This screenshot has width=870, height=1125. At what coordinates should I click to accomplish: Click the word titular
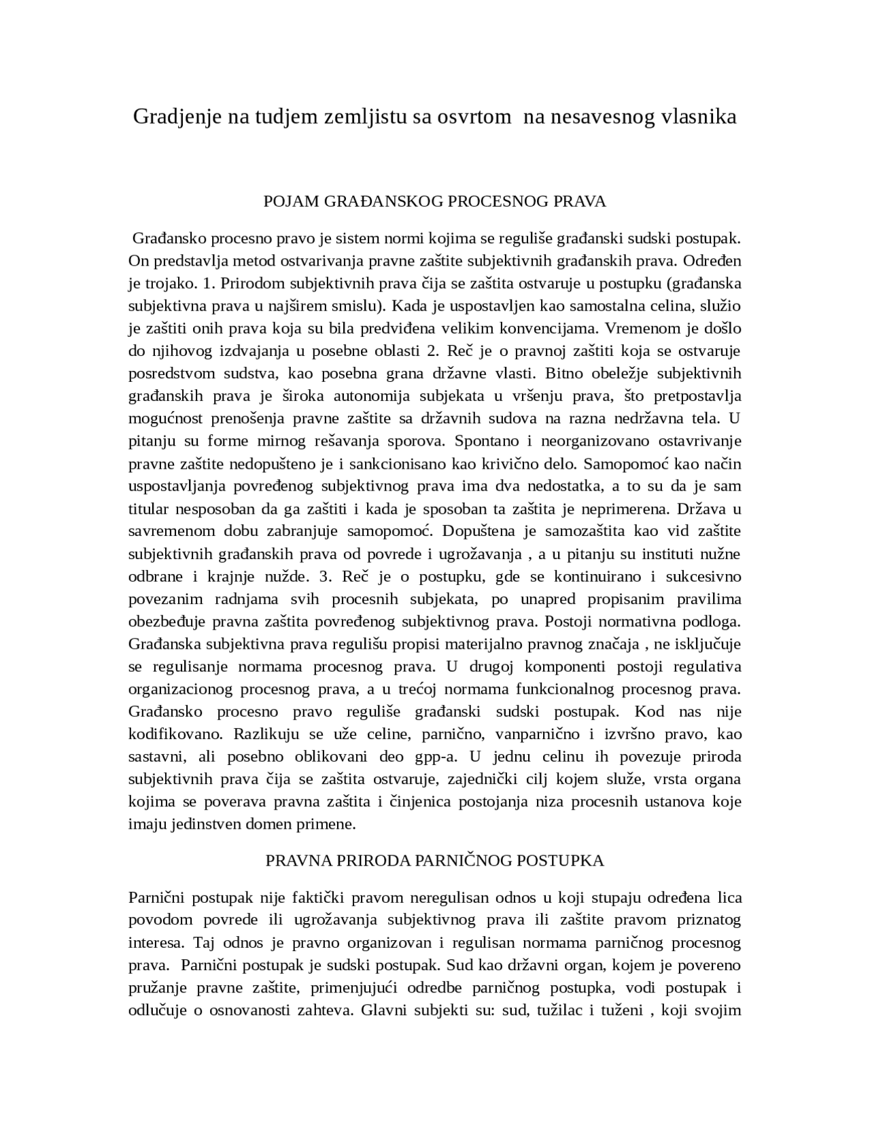click(147, 509)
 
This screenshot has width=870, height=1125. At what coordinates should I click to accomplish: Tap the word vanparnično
click(536, 734)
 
